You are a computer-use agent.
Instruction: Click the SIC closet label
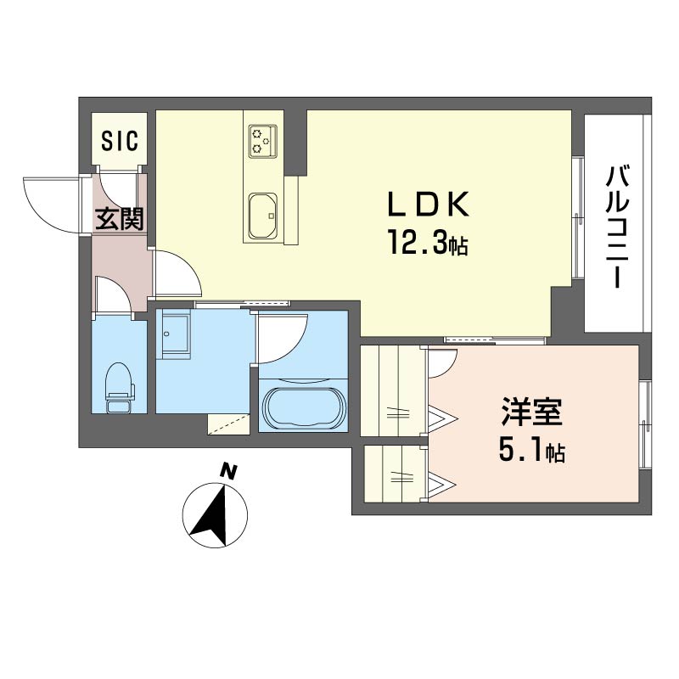[120, 140]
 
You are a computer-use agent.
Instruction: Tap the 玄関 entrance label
[119, 219]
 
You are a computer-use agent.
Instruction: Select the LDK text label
[428, 204]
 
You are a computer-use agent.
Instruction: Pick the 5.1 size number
[519, 452]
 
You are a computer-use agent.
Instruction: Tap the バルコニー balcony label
[618, 226]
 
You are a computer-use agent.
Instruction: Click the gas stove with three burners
[263, 141]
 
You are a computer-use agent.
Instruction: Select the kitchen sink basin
[263, 216]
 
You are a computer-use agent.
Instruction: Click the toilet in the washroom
[120, 387]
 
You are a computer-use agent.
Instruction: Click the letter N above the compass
[228, 471]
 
